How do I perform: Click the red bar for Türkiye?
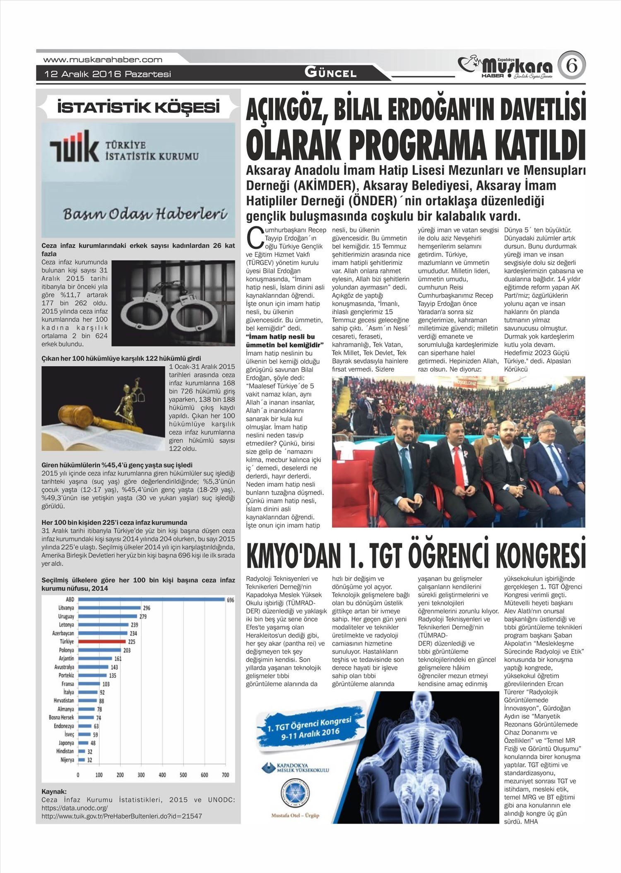[102, 641]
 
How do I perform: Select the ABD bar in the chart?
[151, 600]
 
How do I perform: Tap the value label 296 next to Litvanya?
[146, 608]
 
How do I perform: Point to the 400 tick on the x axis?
[162, 775]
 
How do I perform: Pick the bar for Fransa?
[89, 684]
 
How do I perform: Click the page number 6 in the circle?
[572, 66]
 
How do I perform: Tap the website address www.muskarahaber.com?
[103, 60]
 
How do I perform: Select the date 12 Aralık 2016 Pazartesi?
[108, 74]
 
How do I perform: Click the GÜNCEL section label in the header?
[330, 73]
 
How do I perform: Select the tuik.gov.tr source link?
[122, 816]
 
